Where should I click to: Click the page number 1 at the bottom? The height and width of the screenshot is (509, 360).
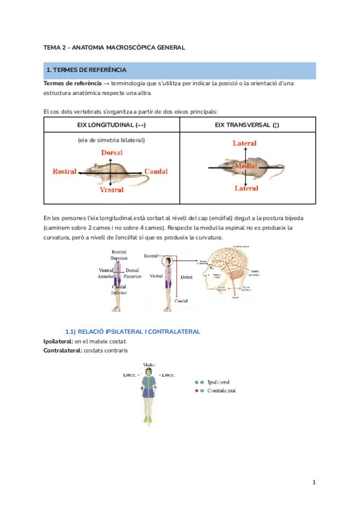point(313,482)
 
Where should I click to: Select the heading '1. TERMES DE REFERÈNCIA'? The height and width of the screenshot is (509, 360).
point(82,71)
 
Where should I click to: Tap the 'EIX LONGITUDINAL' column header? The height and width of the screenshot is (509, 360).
point(112,125)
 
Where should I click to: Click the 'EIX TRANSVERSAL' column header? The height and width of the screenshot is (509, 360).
point(247,125)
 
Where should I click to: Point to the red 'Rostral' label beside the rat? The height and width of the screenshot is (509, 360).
point(65,172)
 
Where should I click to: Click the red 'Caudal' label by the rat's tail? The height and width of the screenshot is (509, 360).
point(156,172)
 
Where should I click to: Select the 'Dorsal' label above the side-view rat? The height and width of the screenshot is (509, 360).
point(112,153)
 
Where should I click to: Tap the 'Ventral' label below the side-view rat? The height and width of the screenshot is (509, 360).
point(112,190)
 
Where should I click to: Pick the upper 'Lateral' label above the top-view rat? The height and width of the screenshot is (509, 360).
point(245,143)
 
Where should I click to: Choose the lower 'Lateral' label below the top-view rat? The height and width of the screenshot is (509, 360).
point(245,188)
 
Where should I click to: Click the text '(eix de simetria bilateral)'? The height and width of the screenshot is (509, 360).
point(111,140)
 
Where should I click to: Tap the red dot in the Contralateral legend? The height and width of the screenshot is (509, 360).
point(196,390)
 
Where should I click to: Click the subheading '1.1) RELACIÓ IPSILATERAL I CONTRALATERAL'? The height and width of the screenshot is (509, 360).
point(132,332)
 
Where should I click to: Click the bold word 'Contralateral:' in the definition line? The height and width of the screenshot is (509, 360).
point(62,351)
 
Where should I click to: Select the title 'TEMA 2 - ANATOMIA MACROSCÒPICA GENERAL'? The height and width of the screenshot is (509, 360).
point(114,47)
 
